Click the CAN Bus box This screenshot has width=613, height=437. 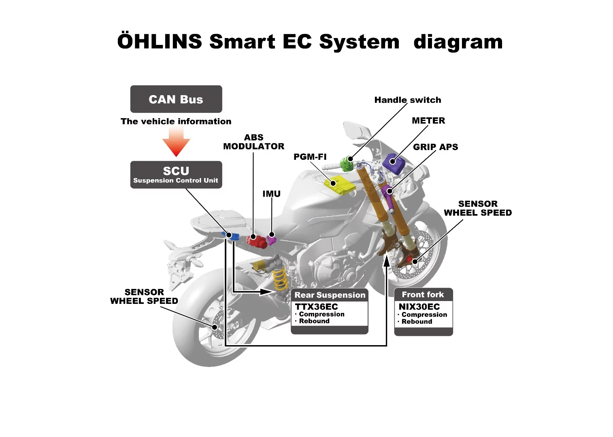pyautogui.click(x=176, y=99)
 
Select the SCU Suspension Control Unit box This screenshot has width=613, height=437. pyautogui.click(x=176, y=175)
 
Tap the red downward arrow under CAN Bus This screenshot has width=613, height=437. pyautogui.click(x=176, y=142)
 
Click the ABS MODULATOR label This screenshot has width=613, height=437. pyautogui.click(x=253, y=142)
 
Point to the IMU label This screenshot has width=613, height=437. pyautogui.click(x=271, y=194)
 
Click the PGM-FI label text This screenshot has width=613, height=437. pyautogui.click(x=310, y=157)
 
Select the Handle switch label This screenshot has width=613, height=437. pyautogui.click(x=407, y=100)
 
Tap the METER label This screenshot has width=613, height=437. pyautogui.click(x=428, y=121)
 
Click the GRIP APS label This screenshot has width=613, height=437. pyautogui.click(x=435, y=147)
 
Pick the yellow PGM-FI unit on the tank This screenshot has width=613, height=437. pyautogui.click(x=339, y=185)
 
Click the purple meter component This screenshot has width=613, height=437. pyautogui.click(x=394, y=163)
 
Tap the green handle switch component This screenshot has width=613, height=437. pyautogui.click(x=346, y=163)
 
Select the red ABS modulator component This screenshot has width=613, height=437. pyautogui.click(x=256, y=240)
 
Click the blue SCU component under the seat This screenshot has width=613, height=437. pyautogui.click(x=232, y=236)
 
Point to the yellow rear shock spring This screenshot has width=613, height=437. pyautogui.click(x=280, y=279)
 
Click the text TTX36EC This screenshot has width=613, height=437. pyautogui.click(x=316, y=307)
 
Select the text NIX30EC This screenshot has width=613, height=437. pyautogui.click(x=419, y=307)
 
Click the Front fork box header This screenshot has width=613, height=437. pyautogui.click(x=423, y=295)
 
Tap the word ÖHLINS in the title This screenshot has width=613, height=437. pyautogui.click(x=160, y=42)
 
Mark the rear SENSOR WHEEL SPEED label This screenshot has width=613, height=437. pyautogui.click(x=144, y=297)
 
